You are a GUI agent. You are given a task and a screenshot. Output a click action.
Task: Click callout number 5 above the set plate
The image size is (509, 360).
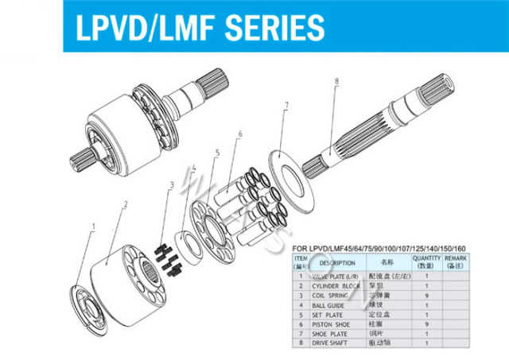[x=216, y=152]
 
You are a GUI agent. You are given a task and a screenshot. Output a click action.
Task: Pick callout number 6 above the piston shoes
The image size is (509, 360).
[x=239, y=134]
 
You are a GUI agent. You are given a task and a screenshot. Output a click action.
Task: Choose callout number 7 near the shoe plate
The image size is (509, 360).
[x=285, y=104]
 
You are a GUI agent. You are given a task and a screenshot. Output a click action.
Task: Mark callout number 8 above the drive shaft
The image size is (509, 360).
[x=336, y=80]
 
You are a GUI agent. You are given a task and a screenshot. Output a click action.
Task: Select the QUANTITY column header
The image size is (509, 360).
[x=427, y=261]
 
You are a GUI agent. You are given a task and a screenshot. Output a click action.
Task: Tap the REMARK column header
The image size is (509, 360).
[x=456, y=261]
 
